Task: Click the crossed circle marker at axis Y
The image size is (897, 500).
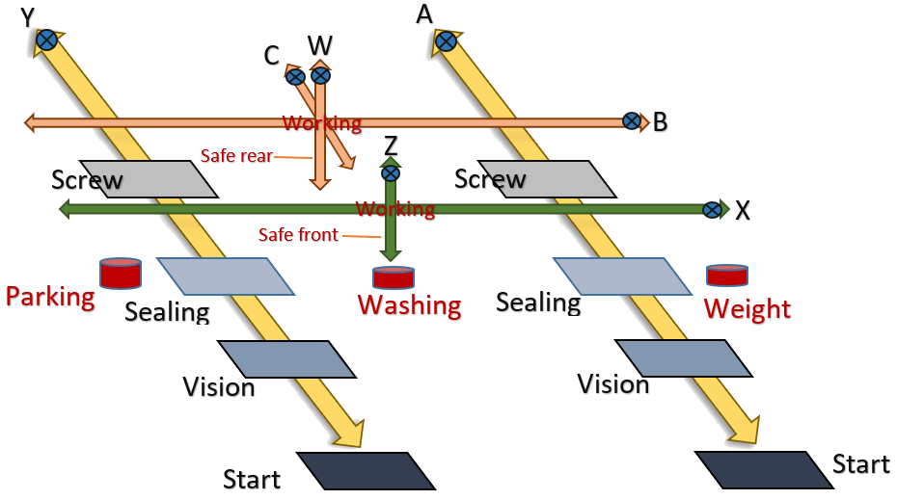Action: click(46, 39)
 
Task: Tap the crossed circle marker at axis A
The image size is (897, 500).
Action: click(446, 40)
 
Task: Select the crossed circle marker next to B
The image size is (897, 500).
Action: click(632, 121)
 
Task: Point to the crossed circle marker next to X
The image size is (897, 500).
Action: click(714, 209)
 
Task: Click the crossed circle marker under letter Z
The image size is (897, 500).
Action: click(391, 173)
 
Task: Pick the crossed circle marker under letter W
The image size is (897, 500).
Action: click(320, 75)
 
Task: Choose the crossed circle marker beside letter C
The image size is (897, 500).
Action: click(296, 76)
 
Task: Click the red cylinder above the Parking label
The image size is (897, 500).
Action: click(121, 273)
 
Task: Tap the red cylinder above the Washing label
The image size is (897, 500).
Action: click(394, 277)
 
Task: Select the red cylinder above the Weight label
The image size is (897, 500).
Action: click(727, 275)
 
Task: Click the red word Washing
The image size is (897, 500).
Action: click(410, 306)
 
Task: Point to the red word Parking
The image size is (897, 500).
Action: click(51, 297)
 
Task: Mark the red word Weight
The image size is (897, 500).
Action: click(747, 309)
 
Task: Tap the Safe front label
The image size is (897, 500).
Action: click(299, 234)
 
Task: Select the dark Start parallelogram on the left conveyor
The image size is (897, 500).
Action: click(366, 470)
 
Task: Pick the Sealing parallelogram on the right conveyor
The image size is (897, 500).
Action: click(622, 275)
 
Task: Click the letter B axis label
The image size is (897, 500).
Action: click(661, 122)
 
